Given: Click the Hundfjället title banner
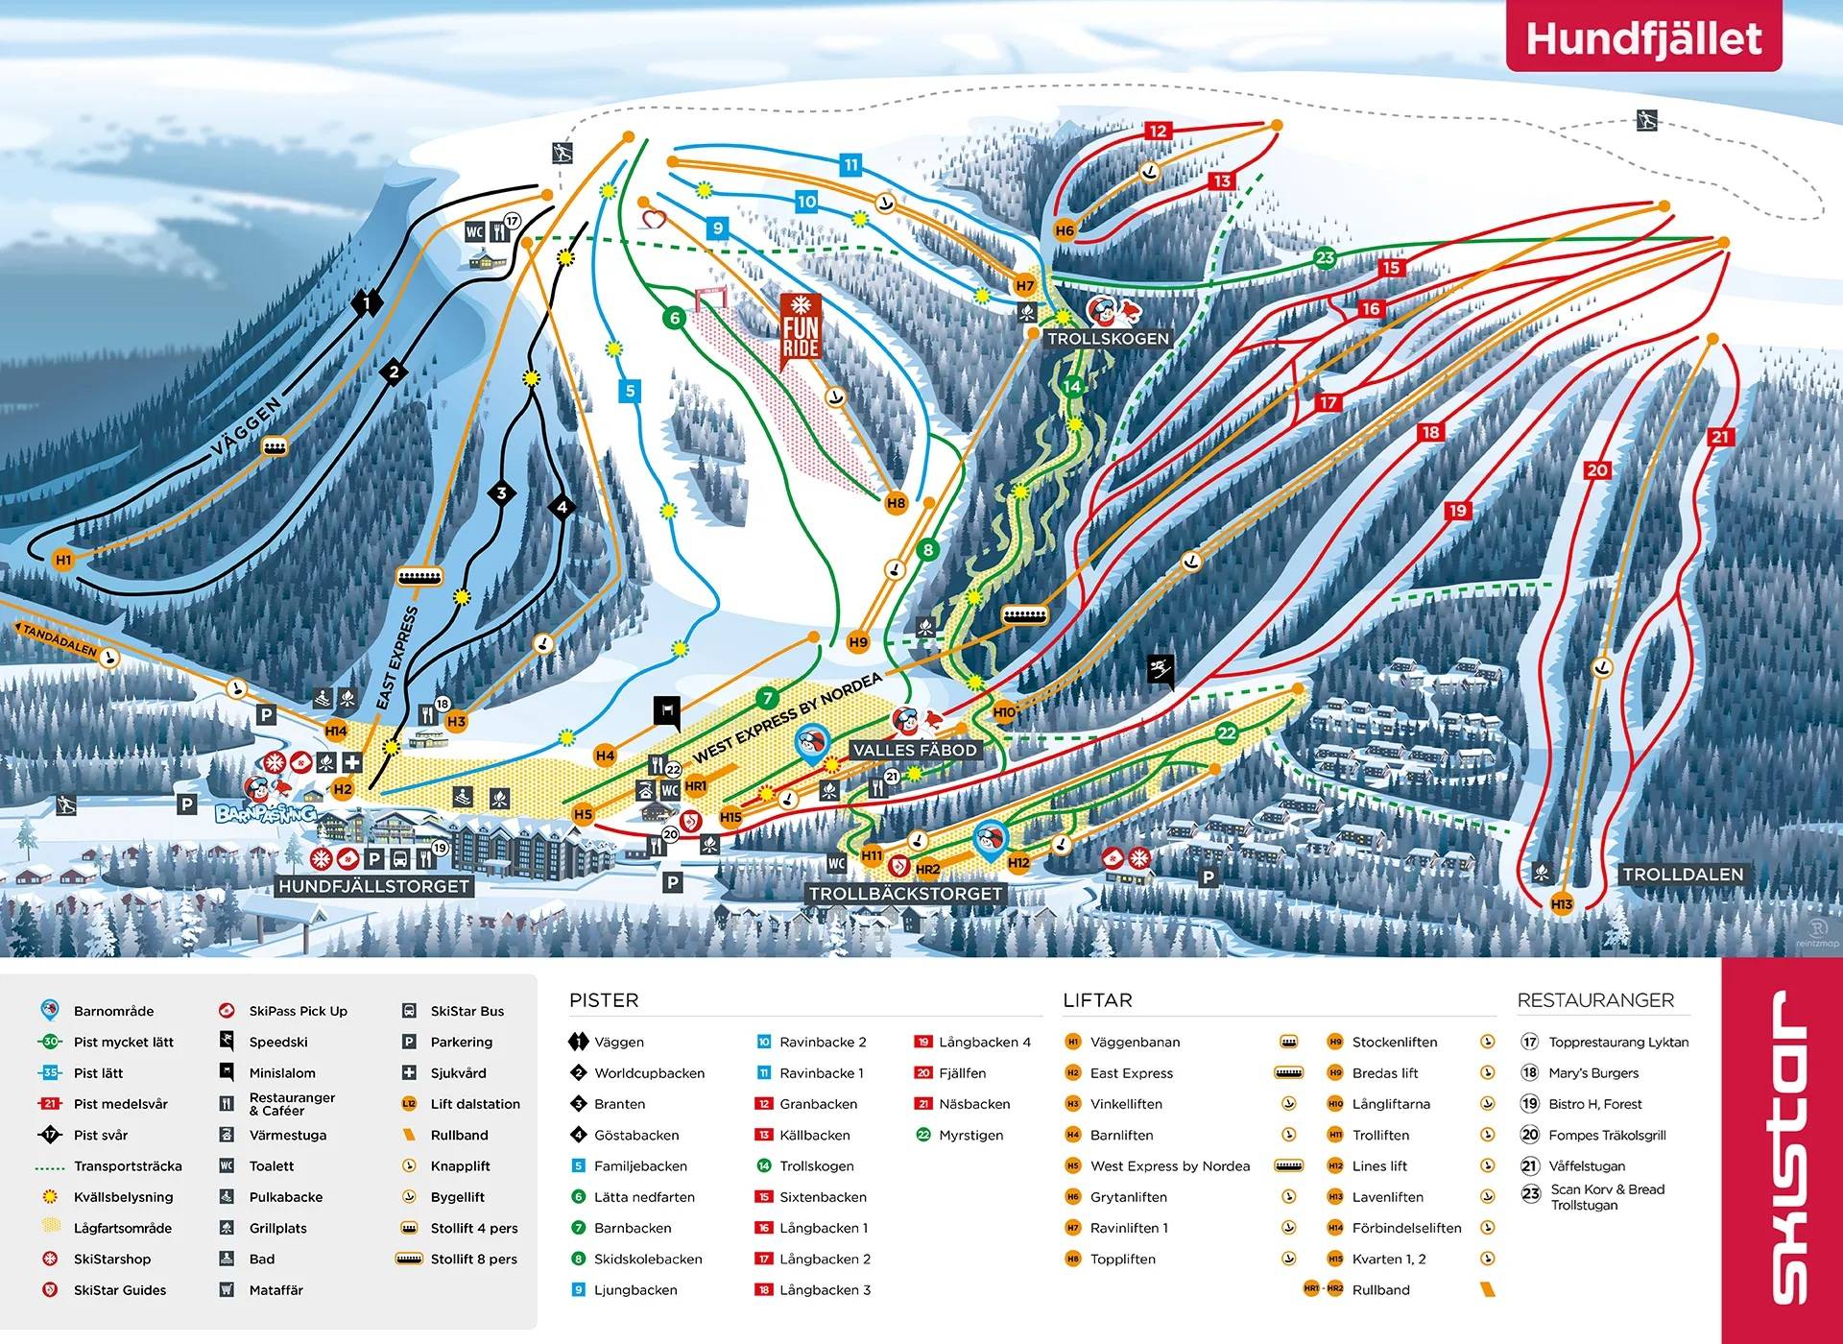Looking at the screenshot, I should pos(1642,38).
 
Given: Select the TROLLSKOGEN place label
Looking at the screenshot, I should pos(1108,339).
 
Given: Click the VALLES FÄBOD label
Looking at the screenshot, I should pos(915,750).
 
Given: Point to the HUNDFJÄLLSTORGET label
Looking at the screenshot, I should pos(373,886).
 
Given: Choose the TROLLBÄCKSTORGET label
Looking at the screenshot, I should pos(905,894).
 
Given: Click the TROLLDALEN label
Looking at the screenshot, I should pos(1682,875).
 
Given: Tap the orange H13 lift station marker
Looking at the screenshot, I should pos(1562,904).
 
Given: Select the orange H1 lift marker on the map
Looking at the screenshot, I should pos(63,560).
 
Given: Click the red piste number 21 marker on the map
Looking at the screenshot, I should pos(1720,437).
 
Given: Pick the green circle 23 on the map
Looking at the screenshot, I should pos(1325,257).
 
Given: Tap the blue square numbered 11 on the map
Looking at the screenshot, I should pos(850,165).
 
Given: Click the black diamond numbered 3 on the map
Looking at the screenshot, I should pos(501,493).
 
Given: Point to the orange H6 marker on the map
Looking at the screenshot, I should pos(1065,230).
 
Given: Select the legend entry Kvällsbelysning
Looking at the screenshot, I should pos(123,1197).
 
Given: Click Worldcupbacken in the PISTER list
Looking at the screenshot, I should pos(649,1073).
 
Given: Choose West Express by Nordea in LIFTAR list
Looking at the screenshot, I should pos(1169,1166).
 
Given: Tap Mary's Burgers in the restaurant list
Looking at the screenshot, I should pos(1592,1073).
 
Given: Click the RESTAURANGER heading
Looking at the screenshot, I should pos(1595,1000).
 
